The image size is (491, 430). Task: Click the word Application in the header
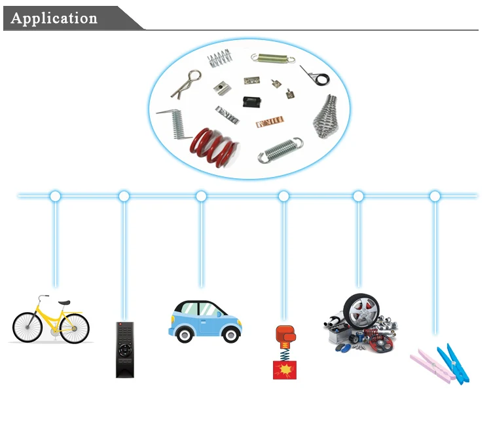pos(54,18)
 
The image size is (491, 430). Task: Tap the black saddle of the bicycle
pos(64,302)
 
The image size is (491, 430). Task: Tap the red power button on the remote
pos(120,325)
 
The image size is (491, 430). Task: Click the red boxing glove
pos(283,334)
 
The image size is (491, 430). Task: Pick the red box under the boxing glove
pos(284,369)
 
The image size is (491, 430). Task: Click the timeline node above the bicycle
pos(56,196)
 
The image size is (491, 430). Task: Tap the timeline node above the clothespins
pos(435,196)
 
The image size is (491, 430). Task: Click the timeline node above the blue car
pos(201,196)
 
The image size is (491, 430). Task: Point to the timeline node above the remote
pos(124,196)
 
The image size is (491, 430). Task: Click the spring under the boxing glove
pos(284,351)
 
